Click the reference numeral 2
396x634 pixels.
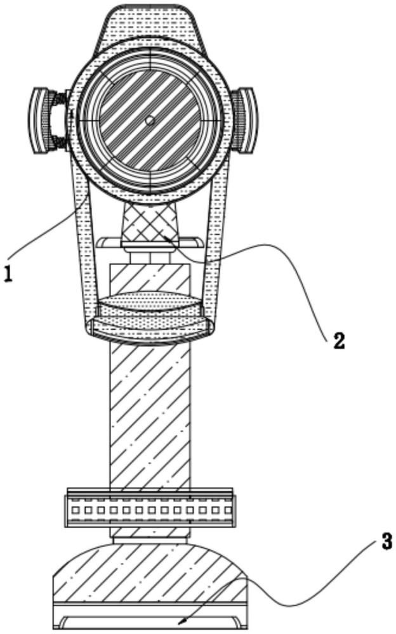pyautogui.click(x=339, y=340)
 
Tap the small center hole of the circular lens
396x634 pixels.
pyautogui.click(x=150, y=119)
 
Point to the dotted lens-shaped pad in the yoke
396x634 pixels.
pyautogui.click(x=150, y=303)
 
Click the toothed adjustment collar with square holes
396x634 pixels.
pyautogui.click(x=150, y=509)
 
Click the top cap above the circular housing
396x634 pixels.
pyautogui.click(x=150, y=25)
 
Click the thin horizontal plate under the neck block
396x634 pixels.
pyautogui.click(x=150, y=240)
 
